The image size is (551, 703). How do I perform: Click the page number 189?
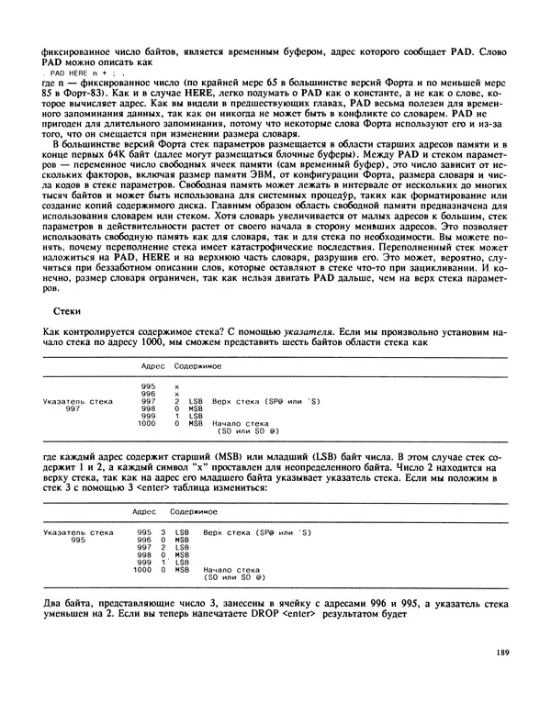(501, 653)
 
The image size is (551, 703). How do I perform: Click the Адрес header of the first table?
(152, 365)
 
